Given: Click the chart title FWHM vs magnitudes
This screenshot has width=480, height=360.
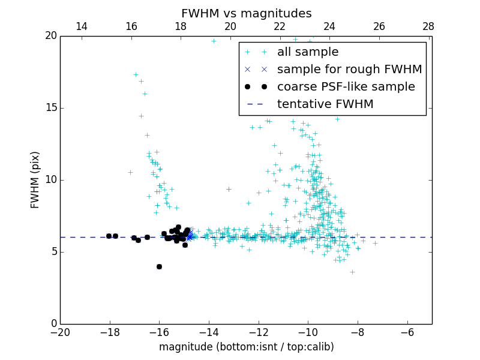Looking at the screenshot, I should (x=246, y=13).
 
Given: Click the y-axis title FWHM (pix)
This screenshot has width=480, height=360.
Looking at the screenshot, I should (x=35, y=179).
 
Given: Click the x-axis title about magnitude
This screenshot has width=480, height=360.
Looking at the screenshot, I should (x=246, y=347).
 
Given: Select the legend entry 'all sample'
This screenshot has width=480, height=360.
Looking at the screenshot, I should (x=308, y=52).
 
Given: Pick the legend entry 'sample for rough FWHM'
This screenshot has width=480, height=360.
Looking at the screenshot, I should (x=349, y=70).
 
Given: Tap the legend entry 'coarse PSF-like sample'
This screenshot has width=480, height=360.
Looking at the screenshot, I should (x=346, y=87).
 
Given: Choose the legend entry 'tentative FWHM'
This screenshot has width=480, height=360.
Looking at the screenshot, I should (x=325, y=104).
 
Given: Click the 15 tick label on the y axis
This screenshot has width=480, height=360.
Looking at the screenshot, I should (x=50, y=108).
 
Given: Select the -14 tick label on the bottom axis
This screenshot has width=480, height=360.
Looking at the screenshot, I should (x=209, y=332).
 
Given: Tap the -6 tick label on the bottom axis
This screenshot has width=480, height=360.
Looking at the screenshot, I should (x=407, y=332).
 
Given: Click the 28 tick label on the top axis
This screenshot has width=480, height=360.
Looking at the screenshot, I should (x=428, y=26).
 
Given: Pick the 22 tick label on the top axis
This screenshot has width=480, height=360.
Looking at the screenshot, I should (x=280, y=26).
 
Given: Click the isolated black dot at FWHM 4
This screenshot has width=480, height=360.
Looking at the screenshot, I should (x=159, y=266).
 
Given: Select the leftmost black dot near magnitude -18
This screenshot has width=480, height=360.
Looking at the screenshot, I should (x=109, y=236).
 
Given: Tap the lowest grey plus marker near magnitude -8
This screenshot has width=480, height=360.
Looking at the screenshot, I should (x=352, y=272).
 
